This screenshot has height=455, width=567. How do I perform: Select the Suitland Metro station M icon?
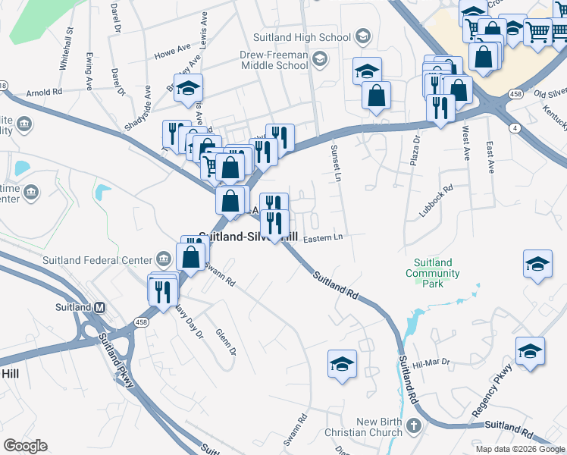[99, 307]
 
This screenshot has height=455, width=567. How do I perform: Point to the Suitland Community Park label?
[433, 273]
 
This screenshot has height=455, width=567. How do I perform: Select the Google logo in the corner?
[25, 446]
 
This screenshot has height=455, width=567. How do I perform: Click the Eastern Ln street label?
[324, 238]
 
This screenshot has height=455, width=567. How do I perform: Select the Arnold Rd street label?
[44, 93]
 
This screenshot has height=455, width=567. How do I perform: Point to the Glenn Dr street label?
[226, 341]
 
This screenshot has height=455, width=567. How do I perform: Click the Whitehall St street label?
[65, 49]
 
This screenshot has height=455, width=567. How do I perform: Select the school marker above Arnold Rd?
[188, 89]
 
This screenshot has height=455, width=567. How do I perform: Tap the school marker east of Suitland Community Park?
[537, 265]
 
